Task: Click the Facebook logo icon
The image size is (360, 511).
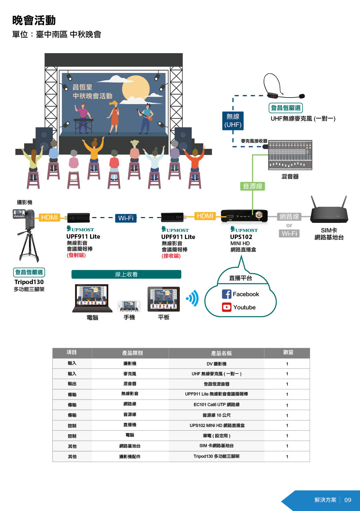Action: (x=227, y=294)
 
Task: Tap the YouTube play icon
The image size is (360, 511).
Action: (x=227, y=307)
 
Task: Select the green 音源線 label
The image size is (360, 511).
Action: (x=253, y=186)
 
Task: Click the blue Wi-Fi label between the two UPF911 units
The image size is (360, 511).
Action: (x=126, y=218)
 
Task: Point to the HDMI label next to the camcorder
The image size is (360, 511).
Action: (x=49, y=217)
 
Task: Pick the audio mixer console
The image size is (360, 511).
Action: (x=290, y=155)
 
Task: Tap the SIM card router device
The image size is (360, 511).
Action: (x=329, y=214)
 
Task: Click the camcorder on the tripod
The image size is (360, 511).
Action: (x=24, y=218)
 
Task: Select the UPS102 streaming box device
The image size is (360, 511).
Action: (x=244, y=216)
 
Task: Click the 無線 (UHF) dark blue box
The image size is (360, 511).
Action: (x=233, y=121)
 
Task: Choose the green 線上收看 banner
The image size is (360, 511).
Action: (x=126, y=274)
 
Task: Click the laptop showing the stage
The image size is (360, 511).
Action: (x=92, y=298)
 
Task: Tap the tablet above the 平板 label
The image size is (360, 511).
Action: (x=164, y=299)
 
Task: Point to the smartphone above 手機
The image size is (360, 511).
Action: (x=129, y=306)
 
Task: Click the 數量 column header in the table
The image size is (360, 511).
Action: (x=288, y=353)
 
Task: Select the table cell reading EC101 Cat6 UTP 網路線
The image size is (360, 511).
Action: (x=216, y=405)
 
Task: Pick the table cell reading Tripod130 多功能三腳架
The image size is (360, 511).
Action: (x=216, y=456)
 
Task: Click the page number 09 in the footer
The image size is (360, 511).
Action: (x=348, y=500)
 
